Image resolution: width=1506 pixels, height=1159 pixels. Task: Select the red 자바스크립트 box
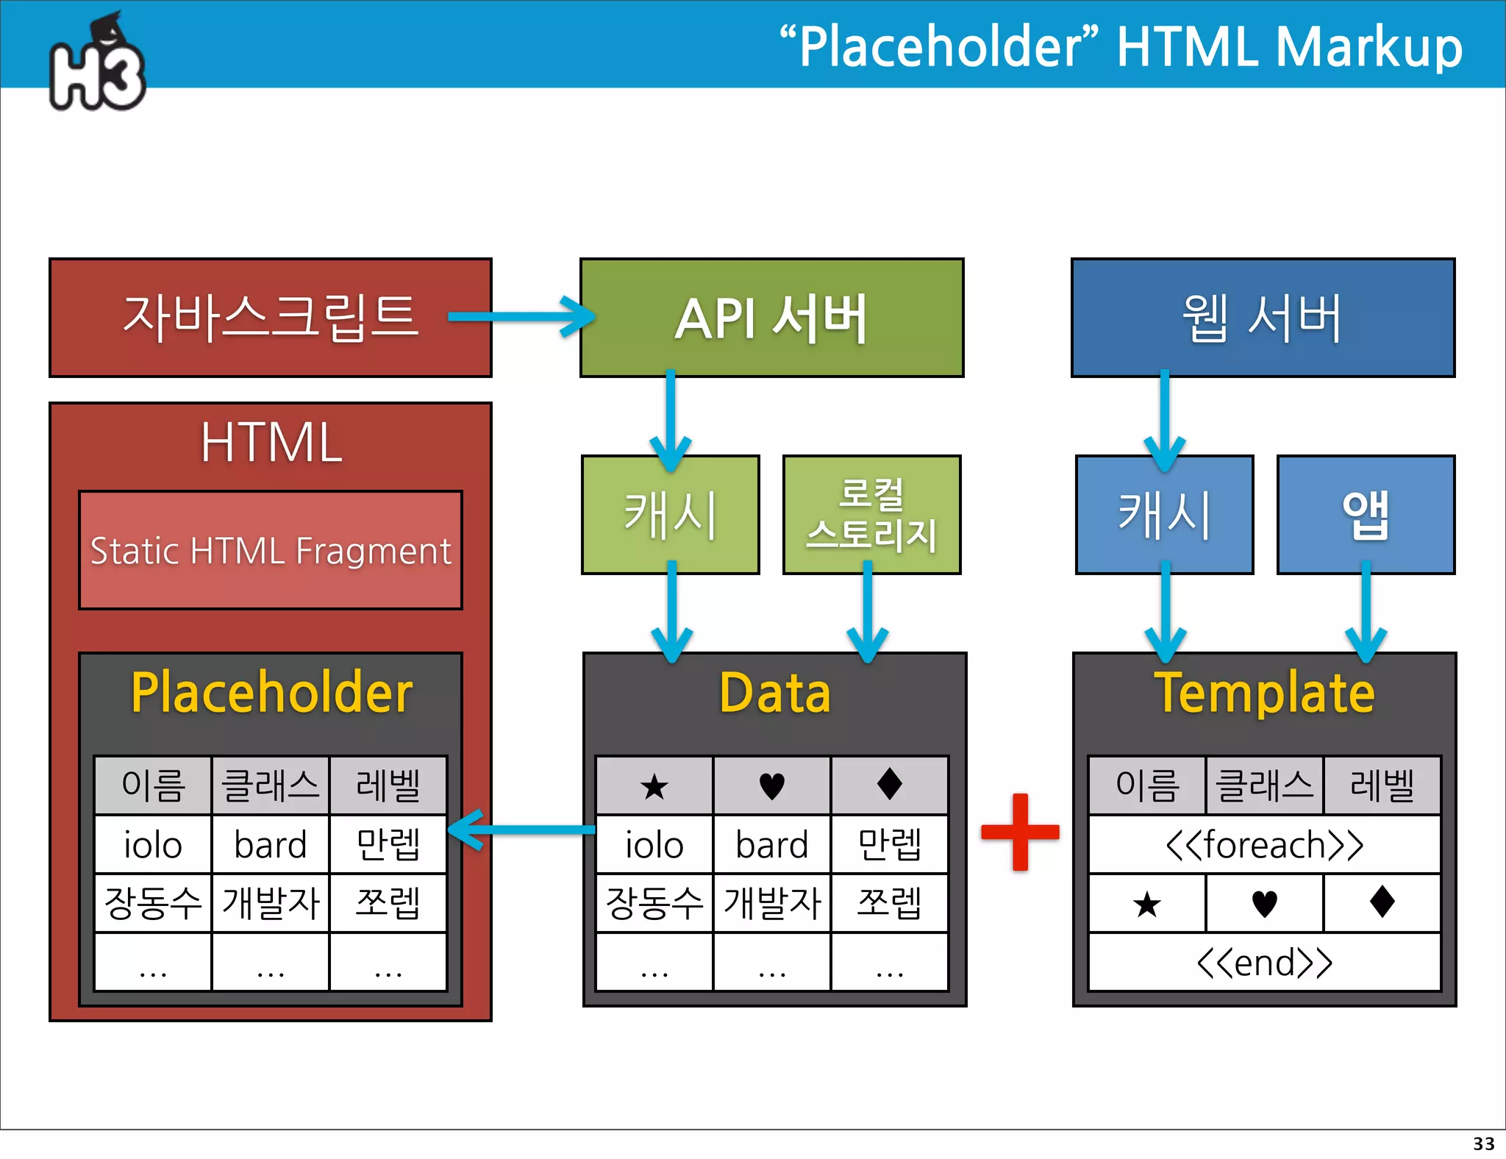coord(270,318)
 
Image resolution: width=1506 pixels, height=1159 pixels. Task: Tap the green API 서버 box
coord(771,318)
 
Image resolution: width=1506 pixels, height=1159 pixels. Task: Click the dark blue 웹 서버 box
coord(1263,318)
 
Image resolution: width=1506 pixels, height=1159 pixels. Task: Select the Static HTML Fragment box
coord(270,550)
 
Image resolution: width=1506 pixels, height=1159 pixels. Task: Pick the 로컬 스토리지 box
coord(871,514)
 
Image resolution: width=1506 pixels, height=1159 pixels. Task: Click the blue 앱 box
coord(1366,514)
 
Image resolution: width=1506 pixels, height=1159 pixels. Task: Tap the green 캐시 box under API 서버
coord(670,514)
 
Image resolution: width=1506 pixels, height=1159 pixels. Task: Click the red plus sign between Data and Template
coord(1020,832)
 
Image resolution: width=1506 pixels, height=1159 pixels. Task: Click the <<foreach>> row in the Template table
coord(1264,844)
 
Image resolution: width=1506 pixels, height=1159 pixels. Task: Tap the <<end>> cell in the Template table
coord(1264,962)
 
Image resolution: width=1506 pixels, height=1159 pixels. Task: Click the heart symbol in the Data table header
coord(771,785)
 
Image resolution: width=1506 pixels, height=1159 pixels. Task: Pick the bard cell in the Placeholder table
coord(270,844)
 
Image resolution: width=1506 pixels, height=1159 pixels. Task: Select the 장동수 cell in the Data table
coord(654,903)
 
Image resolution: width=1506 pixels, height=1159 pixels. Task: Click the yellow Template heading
coord(1264,693)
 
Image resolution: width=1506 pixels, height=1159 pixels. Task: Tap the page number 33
coord(1483,1144)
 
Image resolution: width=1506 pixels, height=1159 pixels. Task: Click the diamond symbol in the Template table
coord(1382,902)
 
